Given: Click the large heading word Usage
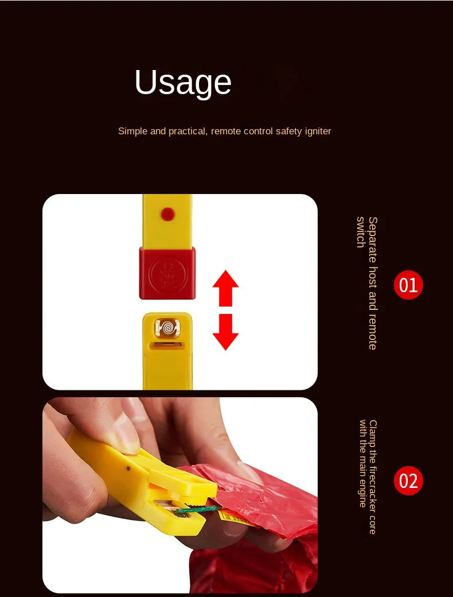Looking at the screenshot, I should [x=183, y=82].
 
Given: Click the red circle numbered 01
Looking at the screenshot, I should [x=408, y=285].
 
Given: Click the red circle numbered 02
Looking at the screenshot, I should [x=408, y=480].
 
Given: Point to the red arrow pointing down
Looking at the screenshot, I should [x=225, y=332].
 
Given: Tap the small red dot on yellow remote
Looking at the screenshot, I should [x=167, y=214].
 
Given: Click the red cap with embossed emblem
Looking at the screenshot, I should [x=167, y=273].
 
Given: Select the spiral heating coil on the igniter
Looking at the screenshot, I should [x=167, y=328].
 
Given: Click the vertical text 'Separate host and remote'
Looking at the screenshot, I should [x=373, y=283].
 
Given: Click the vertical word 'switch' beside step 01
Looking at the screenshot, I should [x=361, y=232].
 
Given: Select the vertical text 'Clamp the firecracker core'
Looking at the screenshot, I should [x=373, y=477].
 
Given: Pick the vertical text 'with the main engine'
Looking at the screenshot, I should [x=362, y=463].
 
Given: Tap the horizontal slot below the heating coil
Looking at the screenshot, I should [x=167, y=346].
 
